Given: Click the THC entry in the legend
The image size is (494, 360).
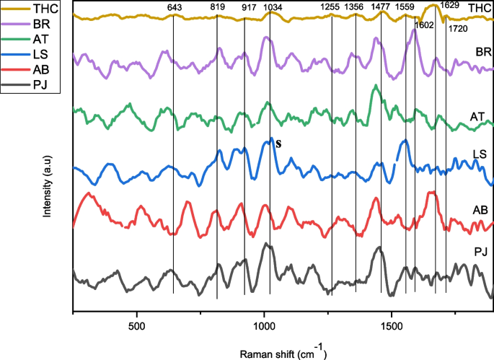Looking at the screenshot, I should tap(32, 6).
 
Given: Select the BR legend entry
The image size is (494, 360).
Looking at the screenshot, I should tap(31, 23).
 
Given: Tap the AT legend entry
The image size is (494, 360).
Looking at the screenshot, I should tap(30, 39).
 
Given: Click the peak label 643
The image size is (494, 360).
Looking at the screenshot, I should tap(174, 7).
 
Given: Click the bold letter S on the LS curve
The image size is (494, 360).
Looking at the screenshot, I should tap(278, 144).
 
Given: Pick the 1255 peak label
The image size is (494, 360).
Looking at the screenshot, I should tap(331, 7).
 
